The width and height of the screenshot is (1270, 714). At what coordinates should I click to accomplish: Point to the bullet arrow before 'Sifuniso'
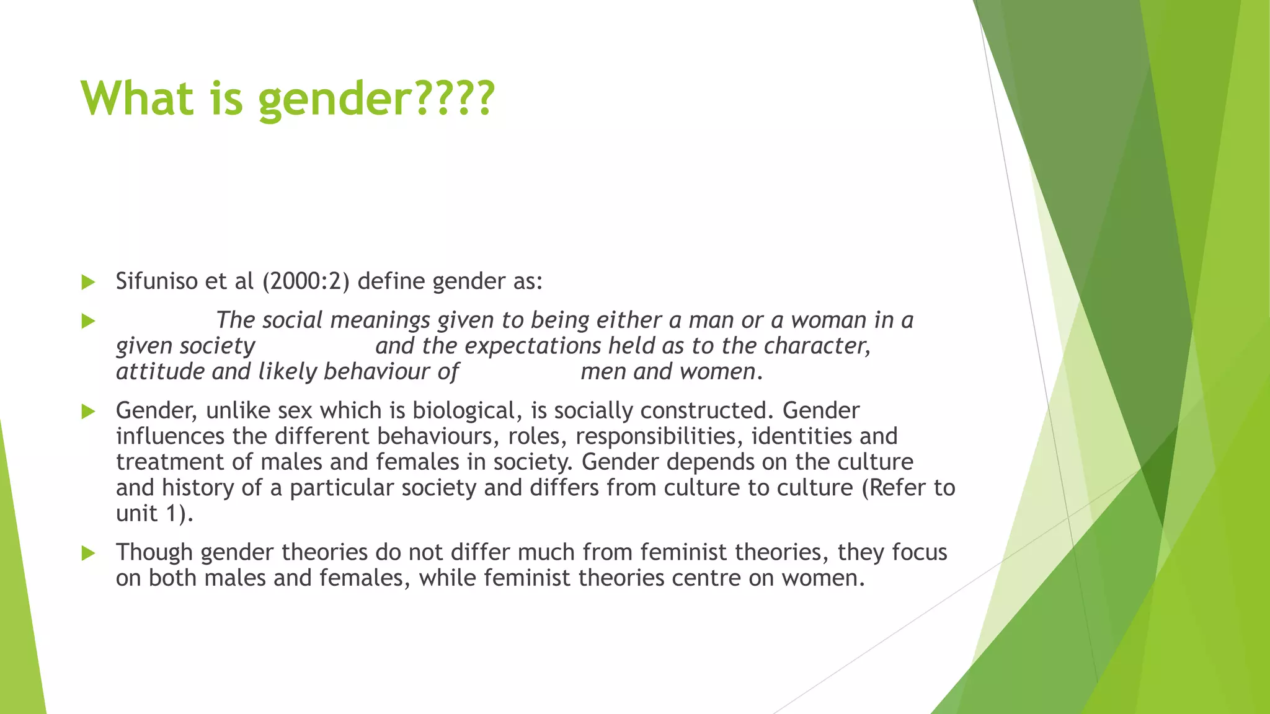pyautogui.click(x=88, y=283)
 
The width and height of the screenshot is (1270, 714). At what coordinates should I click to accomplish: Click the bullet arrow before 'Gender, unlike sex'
pyautogui.click(x=88, y=412)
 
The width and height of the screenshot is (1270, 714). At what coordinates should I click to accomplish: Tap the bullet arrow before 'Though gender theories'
pyautogui.click(x=88, y=553)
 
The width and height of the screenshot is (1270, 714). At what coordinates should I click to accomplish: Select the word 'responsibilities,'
pyautogui.click(x=659, y=436)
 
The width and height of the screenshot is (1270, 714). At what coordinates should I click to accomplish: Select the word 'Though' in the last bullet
pyautogui.click(x=154, y=552)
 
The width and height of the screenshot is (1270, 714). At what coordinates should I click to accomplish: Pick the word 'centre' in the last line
pyautogui.click(x=706, y=578)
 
